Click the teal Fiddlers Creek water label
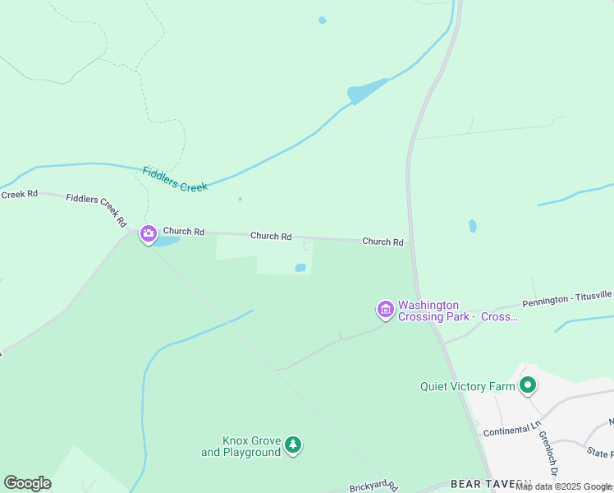coord(175,179)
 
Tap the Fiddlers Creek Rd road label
coord(97,210)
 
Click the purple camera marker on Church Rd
coord(149,235)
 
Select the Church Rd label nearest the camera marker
coord(183,232)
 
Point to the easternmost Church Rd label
coord(383,242)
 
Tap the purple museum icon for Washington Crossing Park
coord(385,310)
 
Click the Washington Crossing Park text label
coord(457,311)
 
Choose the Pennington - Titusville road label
coord(567,298)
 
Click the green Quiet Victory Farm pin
coord(527,384)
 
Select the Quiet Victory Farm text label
coord(467,386)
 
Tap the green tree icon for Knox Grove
coord(293,445)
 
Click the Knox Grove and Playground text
coord(241,446)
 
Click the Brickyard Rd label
coord(373,487)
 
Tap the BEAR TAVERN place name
coord(491,485)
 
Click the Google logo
coord(27,483)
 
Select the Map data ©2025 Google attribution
coord(563,486)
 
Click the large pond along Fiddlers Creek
coord(366,91)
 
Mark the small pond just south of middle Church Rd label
coord(300,268)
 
